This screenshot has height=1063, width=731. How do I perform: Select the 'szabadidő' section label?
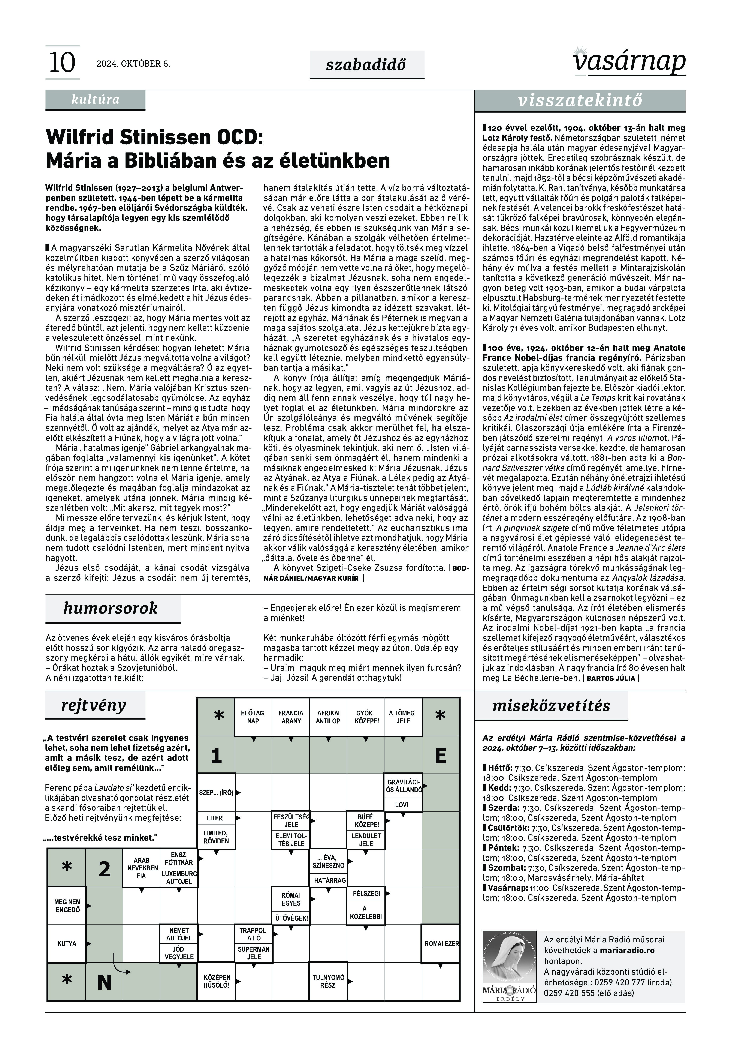(366, 65)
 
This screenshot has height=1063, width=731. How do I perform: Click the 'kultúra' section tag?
(95, 100)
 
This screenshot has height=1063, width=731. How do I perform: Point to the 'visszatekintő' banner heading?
(580, 101)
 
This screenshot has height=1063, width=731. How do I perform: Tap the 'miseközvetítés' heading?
(551, 706)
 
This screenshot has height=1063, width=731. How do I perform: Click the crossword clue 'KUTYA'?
(67, 944)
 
